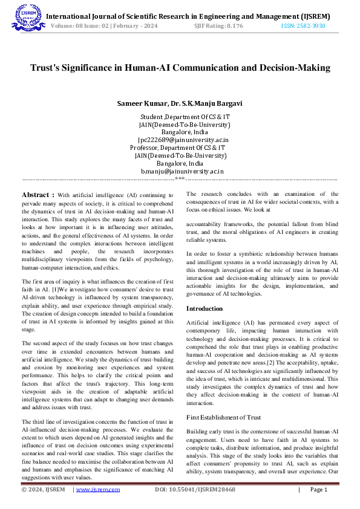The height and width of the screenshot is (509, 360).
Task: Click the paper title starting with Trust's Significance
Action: click(180, 68)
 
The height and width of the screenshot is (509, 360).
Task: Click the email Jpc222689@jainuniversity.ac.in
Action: click(183, 140)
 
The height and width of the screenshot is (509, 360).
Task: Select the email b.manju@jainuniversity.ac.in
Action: click(182, 171)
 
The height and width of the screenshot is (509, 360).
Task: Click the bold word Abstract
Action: click(38, 195)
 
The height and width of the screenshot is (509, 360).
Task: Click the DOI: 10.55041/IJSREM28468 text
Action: click(195, 490)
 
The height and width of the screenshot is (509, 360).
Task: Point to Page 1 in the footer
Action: click(318, 490)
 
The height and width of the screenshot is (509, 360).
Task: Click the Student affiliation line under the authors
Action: click(185, 116)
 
